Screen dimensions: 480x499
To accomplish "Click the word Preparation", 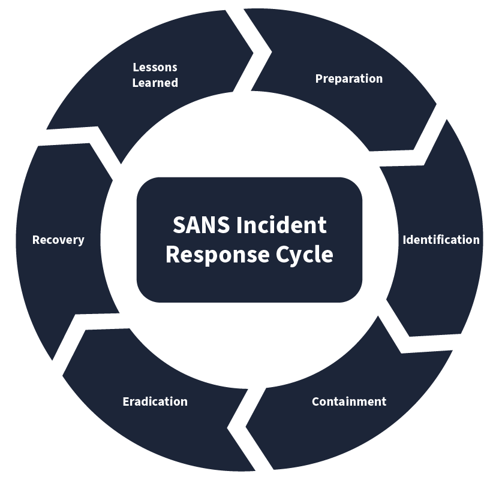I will [x=348, y=79].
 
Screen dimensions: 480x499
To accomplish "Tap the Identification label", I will [x=441, y=240].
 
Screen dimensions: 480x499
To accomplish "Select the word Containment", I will [x=348, y=401].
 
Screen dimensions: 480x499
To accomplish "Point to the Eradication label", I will [x=155, y=401].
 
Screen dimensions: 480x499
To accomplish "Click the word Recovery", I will [x=58, y=240].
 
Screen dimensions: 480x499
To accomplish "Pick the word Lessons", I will [x=155, y=67].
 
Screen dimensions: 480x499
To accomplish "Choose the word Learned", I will [x=155, y=83].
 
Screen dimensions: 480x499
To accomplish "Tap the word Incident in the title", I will [x=281, y=225].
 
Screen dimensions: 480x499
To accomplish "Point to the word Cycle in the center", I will [x=304, y=254].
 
